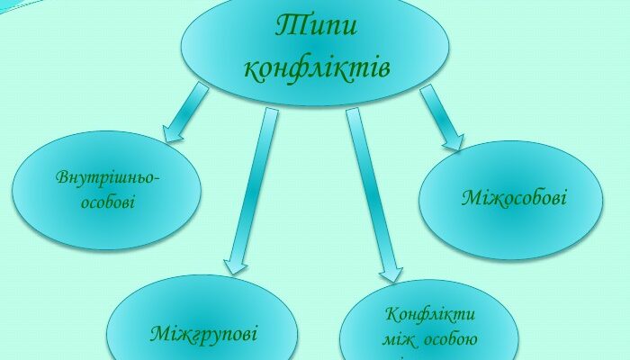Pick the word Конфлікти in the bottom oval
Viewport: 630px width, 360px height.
429,316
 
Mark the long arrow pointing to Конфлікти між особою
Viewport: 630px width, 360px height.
371,189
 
